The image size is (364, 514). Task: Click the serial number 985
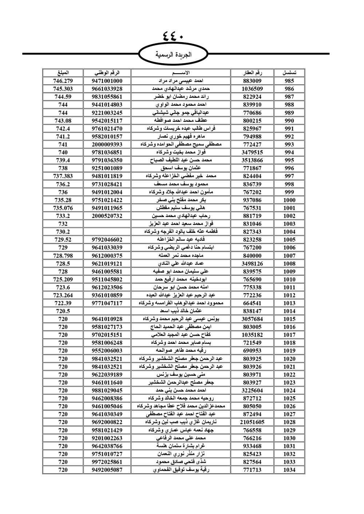coord(289,81)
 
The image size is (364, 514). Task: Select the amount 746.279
coord(63,81)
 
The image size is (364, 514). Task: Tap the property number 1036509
coord(252,89)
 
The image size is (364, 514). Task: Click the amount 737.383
coord(63,176)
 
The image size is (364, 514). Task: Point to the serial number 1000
coord(289,200)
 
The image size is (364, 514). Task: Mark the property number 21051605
coord(252,422)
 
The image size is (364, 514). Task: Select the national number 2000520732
coord(107,216)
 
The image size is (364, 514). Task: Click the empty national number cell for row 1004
coord(107,232)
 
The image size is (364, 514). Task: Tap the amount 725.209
coord(63,280)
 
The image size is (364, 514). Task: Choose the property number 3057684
coord(252,319)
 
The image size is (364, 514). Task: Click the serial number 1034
coord(289,470)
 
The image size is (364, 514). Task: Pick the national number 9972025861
coord(107,462)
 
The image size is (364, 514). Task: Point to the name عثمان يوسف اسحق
coord(181,168)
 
